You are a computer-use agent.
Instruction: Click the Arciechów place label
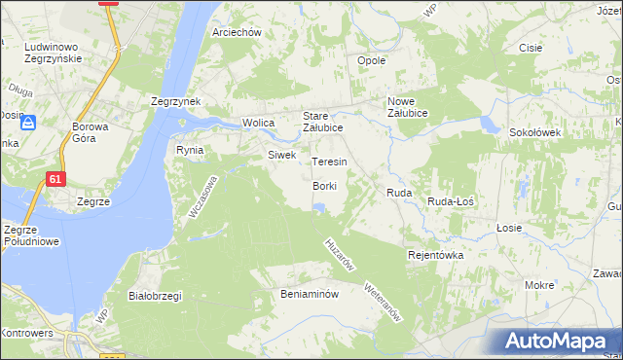pyautogui.click(x=237, y=32)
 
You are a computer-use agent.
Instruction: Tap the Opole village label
pyautogui.click(x=372, y=60)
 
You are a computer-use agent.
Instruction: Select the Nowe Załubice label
pyautogui.click(x=415, y=107)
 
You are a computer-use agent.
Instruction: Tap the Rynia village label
pyautogui.click(x=189, y=150)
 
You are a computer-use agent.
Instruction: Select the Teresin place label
pyautogui.click(x=329, y=162)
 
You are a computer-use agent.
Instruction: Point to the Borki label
pyautogui.click(x=324, y=185)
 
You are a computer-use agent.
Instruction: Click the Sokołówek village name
pyautogui.click(x=531, y=131)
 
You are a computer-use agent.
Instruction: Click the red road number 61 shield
pyautogui.click(x=56, y=179)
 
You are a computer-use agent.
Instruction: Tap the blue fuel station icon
pyautogui.click(x=27, y=124)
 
